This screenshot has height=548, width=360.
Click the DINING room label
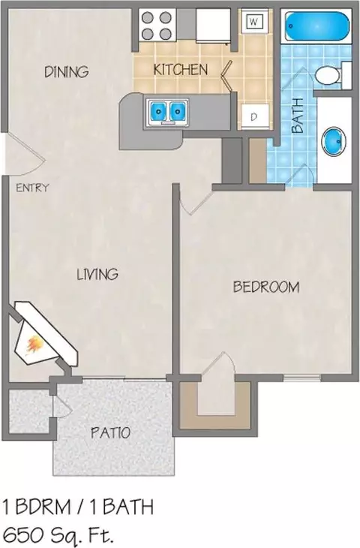66,71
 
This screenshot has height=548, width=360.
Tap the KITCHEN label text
181,70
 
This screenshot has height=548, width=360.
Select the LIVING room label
97,274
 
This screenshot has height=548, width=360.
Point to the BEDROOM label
266,287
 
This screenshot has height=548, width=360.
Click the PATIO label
111,432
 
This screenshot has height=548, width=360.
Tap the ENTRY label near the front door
32,188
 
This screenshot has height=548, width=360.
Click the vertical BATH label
298,116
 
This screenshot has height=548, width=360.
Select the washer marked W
254,22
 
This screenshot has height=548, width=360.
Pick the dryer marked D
254,116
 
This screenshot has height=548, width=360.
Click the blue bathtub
317,26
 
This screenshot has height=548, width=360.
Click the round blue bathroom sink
334,141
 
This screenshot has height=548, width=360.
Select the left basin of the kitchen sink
158,111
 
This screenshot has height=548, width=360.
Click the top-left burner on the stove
148,17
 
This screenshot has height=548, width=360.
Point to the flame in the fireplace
34,344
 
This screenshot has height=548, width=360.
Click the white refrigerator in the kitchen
213,26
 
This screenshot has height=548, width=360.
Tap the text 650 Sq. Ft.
58,534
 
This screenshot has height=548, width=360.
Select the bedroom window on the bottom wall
301,378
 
